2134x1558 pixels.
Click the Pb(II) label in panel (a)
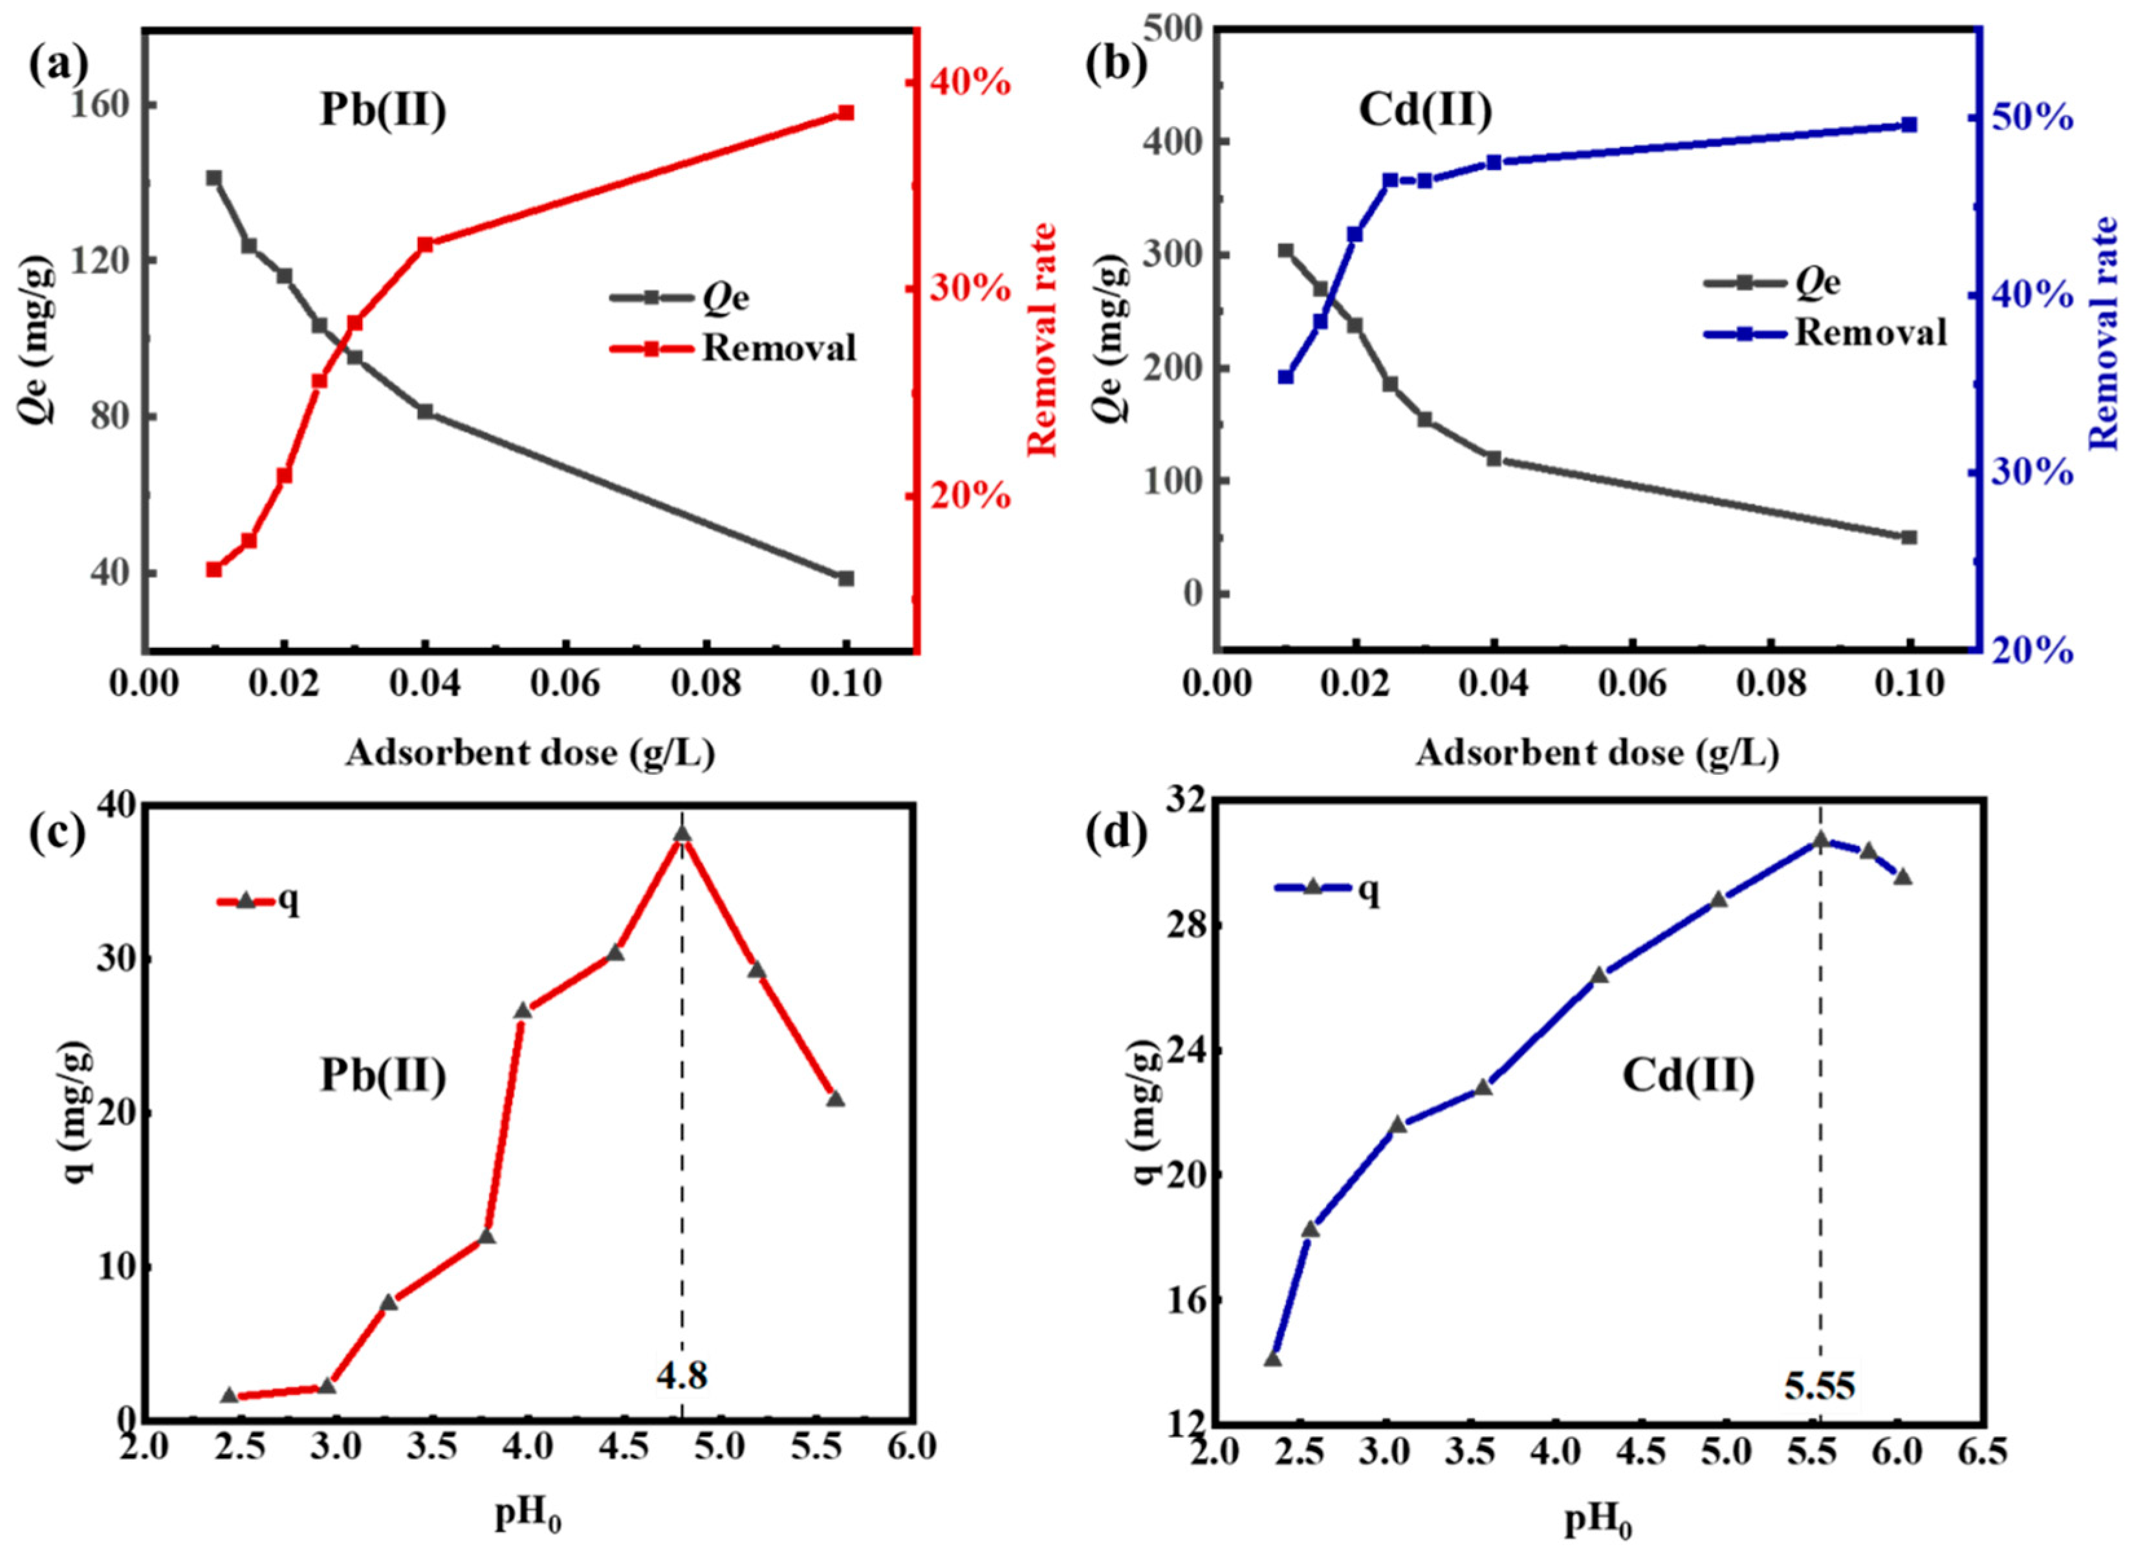(x=382, y=111)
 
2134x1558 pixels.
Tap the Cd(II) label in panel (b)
(x=1425, y=111)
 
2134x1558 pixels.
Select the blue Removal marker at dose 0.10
(x=1909, y=124)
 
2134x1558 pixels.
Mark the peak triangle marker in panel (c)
(x=682, y=833)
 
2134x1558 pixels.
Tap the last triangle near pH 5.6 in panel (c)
(x=834, y=1099)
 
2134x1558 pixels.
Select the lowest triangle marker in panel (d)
(x=1272, y=1359)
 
